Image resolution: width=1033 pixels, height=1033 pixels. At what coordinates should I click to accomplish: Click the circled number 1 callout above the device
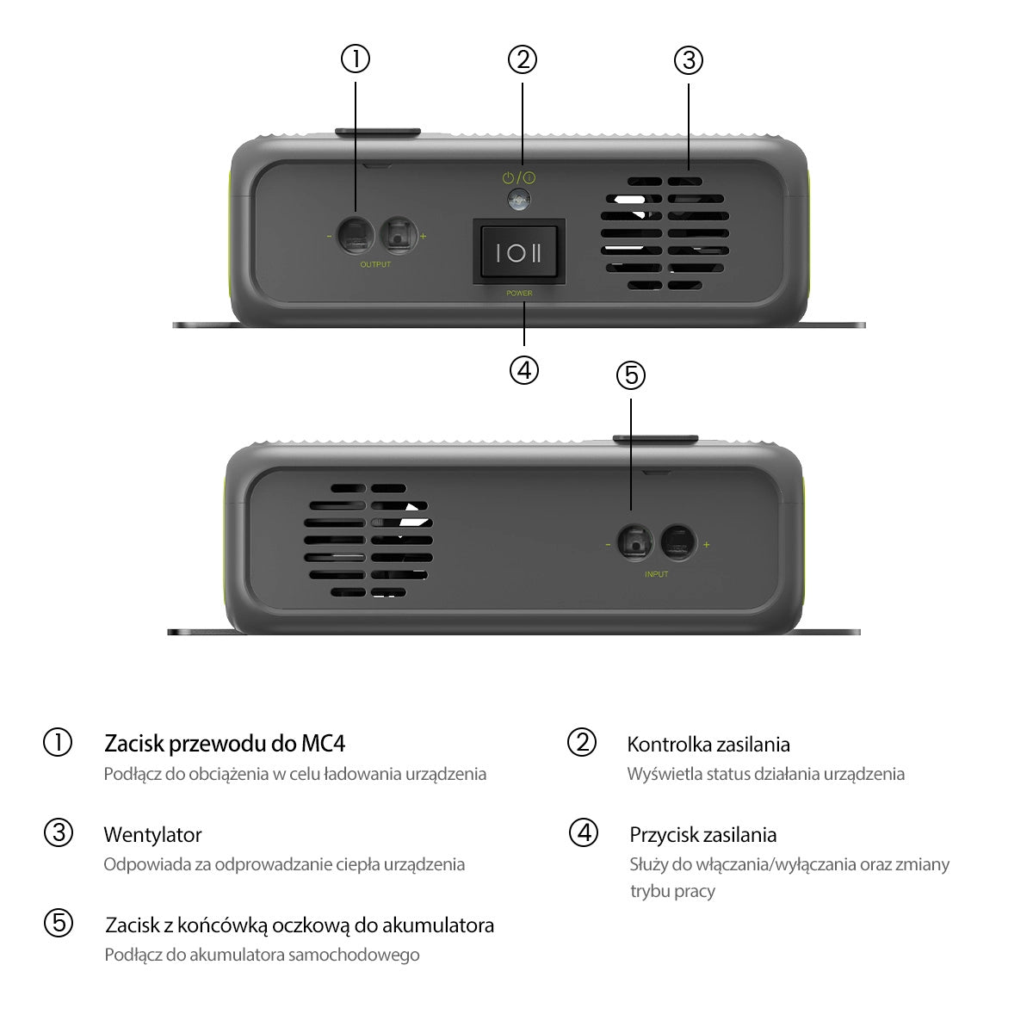click(x=356, y=59)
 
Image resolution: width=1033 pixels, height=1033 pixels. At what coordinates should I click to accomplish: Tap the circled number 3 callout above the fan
click(x=689, y=60)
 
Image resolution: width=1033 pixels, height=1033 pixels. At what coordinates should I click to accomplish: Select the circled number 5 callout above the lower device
click(x=630, y=374)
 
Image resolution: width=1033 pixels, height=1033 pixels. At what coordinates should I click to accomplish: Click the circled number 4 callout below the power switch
click(x=523, y=370)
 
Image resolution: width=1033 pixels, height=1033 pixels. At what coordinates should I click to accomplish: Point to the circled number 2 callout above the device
click(x=523, y=59)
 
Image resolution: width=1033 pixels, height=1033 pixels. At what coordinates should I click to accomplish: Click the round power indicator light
click(x=519, y=200)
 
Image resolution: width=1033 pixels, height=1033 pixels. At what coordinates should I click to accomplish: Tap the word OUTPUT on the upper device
click(x=375, y=264)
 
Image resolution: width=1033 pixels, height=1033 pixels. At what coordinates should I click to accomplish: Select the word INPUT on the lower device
click(x=656, y=574)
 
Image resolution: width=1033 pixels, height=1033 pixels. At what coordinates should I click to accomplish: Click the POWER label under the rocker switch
click(x=519, y=294)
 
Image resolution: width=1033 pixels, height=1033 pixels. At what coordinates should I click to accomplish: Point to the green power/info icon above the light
click(x=519, y=177)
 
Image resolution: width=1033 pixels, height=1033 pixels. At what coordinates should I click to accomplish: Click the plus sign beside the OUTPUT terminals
click(x=423, y=236)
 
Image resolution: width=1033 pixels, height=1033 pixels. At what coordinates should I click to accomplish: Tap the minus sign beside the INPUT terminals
click(x=608, y=545)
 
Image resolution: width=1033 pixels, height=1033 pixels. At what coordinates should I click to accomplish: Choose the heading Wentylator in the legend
click(x=152, y=835)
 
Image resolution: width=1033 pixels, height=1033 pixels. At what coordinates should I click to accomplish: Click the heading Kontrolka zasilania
click(x=708, y=744)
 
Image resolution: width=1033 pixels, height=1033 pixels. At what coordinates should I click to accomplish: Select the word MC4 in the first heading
click(x=324, y=744)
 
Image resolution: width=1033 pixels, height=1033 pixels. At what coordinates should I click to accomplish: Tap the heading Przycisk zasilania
click(x=702, y=835)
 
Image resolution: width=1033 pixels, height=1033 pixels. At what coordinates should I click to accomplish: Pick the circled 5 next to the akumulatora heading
click(x=59, y=923)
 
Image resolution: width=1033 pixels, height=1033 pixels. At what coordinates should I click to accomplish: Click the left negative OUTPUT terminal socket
click(x=356, y=235)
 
